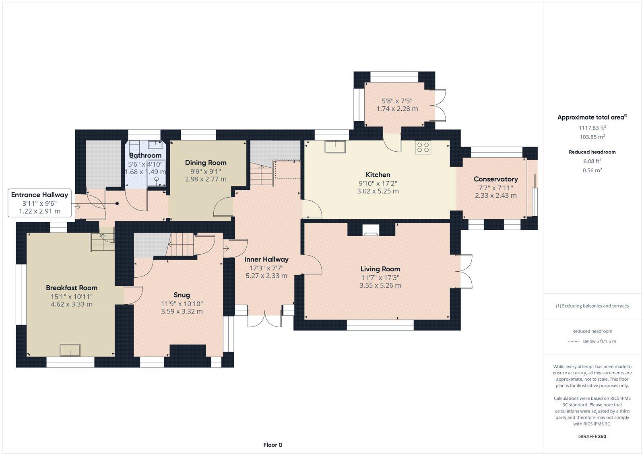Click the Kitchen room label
coord(378,175)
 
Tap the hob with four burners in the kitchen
coord(423,147)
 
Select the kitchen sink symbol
coord(335,147)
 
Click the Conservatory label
coord(495,179)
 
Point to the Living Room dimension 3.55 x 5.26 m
coord(380,285)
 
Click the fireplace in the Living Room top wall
coord(371,230)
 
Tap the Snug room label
coord(182,295)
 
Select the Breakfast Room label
coord(72,288)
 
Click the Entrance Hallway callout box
coord(39,203)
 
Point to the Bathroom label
coord(145,155)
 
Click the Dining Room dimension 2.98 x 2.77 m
coord(206,179)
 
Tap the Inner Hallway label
coord(266,260)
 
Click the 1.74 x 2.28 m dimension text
coord(397,109)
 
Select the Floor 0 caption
coord(272,445)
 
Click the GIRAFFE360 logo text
coord(592,436)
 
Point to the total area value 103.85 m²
coord(592,137)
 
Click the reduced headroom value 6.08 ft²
coord(592,161)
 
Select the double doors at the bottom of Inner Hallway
coord(264,319)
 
